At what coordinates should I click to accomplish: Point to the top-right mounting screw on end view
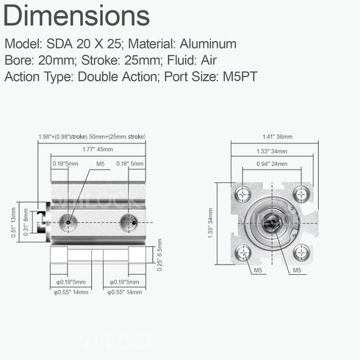(x=300, y=195)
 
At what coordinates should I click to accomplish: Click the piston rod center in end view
(x=271, y=223)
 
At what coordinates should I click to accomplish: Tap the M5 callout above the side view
(x=101, y=165)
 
